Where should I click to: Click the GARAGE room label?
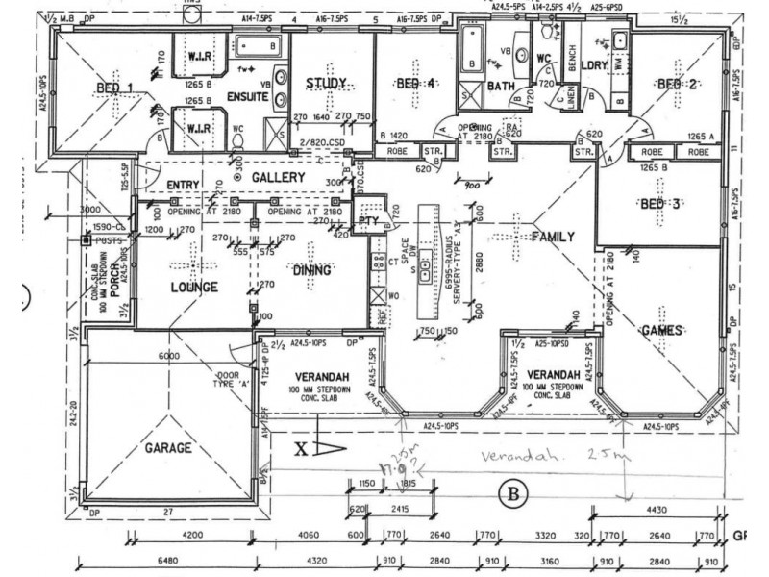(168, 448)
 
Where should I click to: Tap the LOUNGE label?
(195, 287)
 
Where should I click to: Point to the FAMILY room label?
(553, 237)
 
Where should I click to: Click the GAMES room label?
(661, 330)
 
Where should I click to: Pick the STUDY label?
(325, 84)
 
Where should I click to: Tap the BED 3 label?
(661, 203)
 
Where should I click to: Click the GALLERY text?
(279, 178)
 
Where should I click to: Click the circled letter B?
(513, 495)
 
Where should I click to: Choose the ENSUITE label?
(248, 96)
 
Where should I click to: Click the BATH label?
(501, 87)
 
